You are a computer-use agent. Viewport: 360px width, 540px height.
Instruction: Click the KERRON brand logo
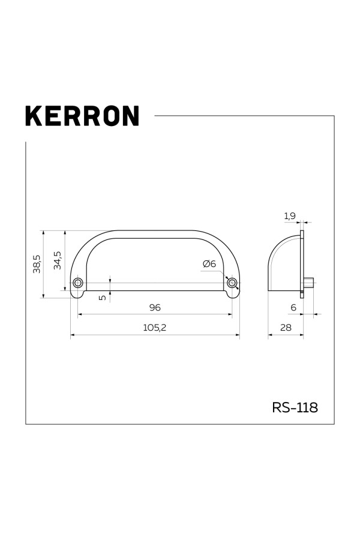[82, 116]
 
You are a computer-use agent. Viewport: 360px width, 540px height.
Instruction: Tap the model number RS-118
[295, 407]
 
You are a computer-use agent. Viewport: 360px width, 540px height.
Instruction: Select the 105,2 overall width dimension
[155, 328]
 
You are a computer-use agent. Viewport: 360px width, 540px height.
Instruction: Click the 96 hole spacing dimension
[155, 308]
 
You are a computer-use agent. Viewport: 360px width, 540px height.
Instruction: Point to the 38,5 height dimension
[37, 264]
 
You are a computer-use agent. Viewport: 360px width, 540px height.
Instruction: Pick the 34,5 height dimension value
[58, 260]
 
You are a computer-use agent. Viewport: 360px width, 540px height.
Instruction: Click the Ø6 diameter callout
[209, 264]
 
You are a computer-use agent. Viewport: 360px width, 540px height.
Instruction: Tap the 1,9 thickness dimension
[290, 216]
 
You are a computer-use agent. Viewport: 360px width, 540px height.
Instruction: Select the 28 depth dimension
[286, 328]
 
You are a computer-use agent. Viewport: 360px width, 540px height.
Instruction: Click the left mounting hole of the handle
[78, 283]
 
